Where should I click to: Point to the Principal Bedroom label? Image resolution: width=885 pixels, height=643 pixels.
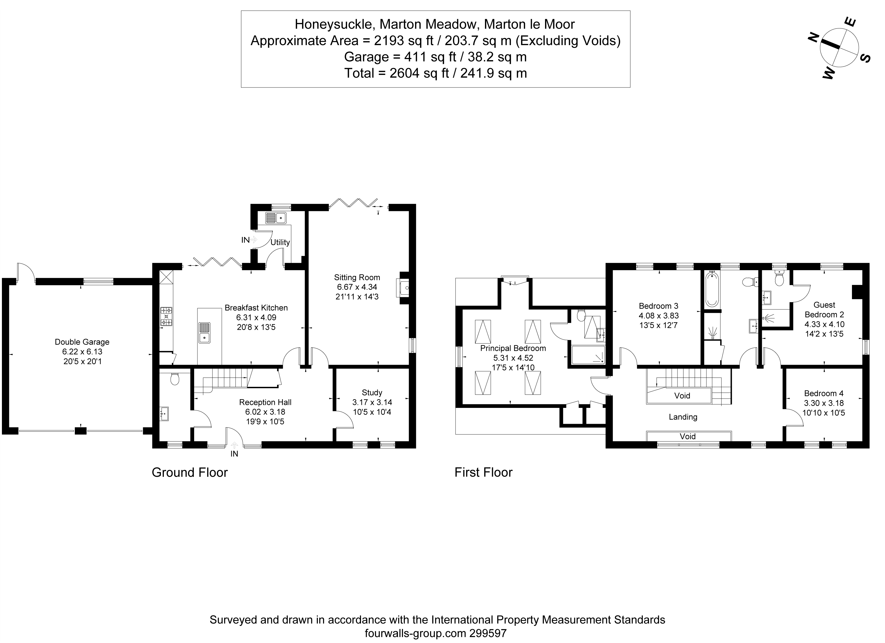(513, 348)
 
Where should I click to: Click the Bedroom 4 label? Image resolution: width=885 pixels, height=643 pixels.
(823, 393)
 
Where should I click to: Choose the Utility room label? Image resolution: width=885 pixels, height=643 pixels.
(280, 242)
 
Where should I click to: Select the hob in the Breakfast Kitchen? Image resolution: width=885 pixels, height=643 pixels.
(167, 316)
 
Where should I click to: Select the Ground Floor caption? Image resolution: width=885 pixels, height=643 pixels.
(190, 472)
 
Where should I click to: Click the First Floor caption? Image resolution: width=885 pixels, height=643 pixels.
(483, 472)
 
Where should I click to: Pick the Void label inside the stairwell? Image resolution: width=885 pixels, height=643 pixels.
(682, 396)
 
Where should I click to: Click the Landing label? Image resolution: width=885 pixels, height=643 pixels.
(683, 417)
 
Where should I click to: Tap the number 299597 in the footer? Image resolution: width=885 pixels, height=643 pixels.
(488, 633)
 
